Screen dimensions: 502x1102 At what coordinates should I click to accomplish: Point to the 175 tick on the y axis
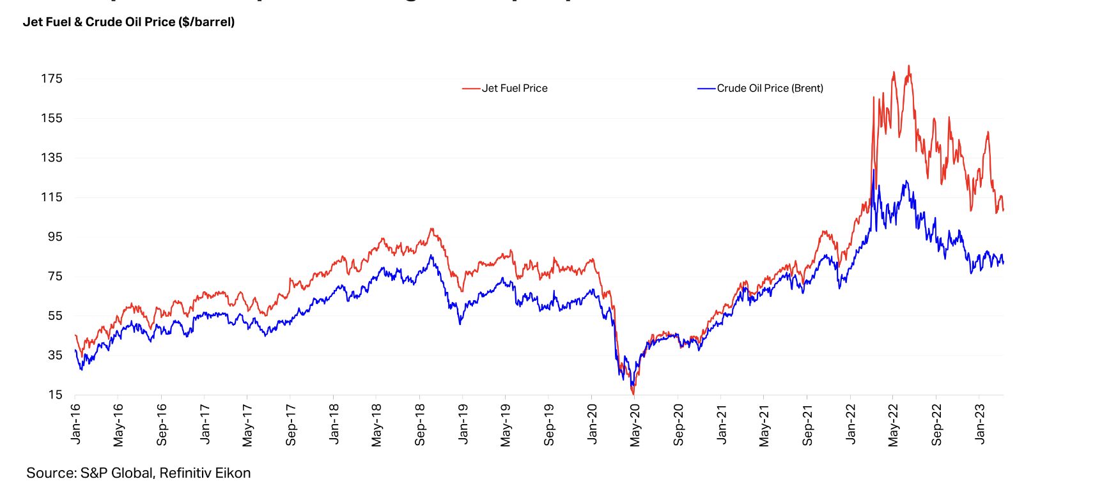(52, 79)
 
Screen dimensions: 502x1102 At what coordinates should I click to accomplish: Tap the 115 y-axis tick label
(52, 197)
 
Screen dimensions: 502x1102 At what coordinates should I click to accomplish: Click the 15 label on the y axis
(55, 395)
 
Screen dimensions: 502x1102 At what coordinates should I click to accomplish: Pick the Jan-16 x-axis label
(76, 423)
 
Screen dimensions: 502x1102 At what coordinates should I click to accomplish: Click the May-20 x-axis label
(635, 425)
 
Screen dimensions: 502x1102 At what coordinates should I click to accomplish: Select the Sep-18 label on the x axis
(420, 425)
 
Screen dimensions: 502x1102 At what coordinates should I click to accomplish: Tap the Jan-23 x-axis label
(979, 423)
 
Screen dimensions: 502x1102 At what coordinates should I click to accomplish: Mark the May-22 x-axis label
(893, 425)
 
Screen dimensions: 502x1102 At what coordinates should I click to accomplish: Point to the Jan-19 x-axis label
(463, 423)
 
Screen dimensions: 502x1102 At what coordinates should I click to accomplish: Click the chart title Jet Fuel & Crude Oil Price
(128, 22)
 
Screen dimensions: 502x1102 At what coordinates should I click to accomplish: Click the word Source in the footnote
(49, 473)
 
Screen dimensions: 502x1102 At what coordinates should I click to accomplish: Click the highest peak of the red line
(909, 66)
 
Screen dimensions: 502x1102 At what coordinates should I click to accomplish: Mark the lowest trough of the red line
(633, 394)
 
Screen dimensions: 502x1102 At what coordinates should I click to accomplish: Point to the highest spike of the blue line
(873, 170)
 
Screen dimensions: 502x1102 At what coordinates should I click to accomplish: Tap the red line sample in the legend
(471, 89)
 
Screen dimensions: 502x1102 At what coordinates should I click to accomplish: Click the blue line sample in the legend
(706, 89)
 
